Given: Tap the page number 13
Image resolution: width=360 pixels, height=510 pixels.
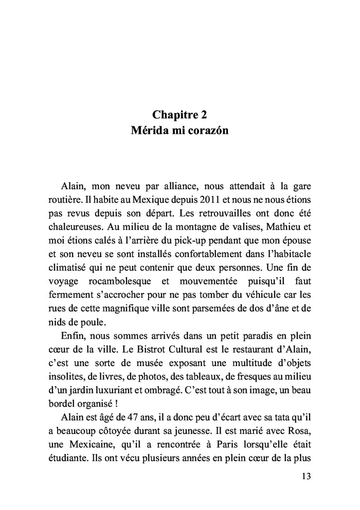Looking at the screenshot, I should click(x=304, y=476).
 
